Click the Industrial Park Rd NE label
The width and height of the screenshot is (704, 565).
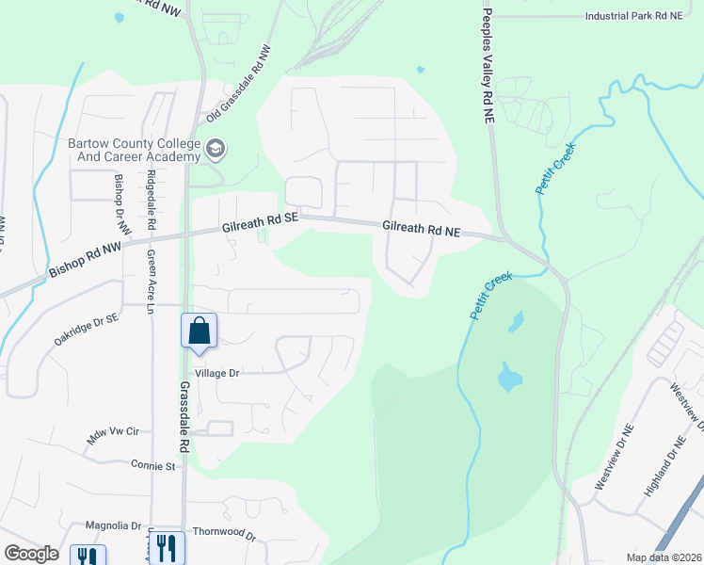[644, 16]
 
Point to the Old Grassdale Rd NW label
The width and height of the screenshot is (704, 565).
[239, 86]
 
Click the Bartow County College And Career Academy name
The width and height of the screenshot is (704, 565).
[134, 150]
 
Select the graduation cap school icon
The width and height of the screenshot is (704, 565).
[216, 148]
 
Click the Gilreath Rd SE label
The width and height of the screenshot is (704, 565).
[260, 221]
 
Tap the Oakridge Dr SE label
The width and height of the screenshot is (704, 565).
[86, 330]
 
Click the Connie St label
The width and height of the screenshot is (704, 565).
[153, 466]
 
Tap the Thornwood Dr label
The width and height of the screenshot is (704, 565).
[223, 534]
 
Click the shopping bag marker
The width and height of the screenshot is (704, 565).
[199, 331]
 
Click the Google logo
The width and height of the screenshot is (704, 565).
[32, 554]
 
